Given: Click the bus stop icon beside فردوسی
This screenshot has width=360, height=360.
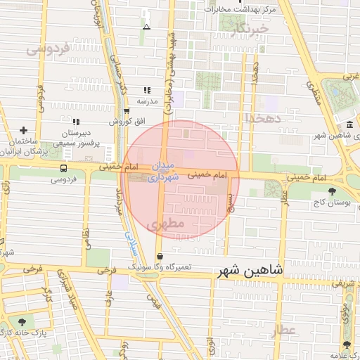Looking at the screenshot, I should tap(64, 168).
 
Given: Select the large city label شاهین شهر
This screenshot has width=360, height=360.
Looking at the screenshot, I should tap(252, 270).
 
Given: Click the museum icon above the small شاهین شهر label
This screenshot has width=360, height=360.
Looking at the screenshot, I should tap(349, 124).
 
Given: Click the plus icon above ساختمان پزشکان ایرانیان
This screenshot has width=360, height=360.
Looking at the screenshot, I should tap(24, 130).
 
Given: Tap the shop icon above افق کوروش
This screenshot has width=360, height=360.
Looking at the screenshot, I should tap(127, 110).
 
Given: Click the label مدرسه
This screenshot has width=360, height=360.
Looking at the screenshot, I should tap(147, 101).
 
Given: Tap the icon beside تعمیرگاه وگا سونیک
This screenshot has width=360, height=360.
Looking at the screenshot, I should tap(160, 257).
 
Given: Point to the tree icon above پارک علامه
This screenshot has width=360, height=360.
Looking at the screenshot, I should tap(346, 345).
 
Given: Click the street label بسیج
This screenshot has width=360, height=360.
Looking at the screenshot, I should tap(232, 204).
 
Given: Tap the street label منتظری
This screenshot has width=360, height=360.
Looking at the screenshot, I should tap(314, 91).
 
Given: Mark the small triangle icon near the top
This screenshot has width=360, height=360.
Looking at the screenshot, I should tap(146, 27).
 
